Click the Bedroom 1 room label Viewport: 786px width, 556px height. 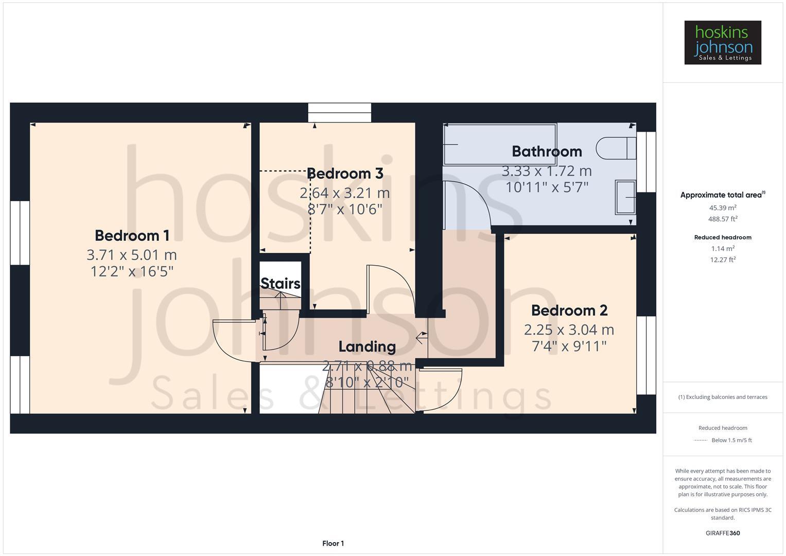coord(132,236)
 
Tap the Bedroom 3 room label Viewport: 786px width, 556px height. coord(345,174)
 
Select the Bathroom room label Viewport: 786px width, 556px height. coord(547,151)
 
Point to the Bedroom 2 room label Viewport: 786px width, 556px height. coord(569,310)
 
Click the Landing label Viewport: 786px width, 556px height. coord(367,347)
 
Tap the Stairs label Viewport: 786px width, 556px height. coord(280,284)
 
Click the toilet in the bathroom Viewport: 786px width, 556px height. coord(616,148)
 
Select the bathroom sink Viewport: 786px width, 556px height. coord(625,197)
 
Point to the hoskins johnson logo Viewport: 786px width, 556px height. coord(722,43)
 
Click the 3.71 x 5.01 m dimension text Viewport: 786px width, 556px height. coord(132,255)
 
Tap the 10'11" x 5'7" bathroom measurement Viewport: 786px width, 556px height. coord(547,187)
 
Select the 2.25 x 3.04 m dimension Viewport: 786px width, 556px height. coord(569,329)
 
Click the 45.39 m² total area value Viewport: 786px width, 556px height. coord(722,208)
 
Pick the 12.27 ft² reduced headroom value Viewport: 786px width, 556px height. coord(722,259)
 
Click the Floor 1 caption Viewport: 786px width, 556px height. coord(333,544)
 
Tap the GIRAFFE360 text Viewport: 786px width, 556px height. coord(722,533)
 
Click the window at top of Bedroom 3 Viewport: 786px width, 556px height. coord(339,113)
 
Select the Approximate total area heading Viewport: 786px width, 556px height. coord(722,195)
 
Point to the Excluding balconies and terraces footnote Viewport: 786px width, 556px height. coord(722,397)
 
